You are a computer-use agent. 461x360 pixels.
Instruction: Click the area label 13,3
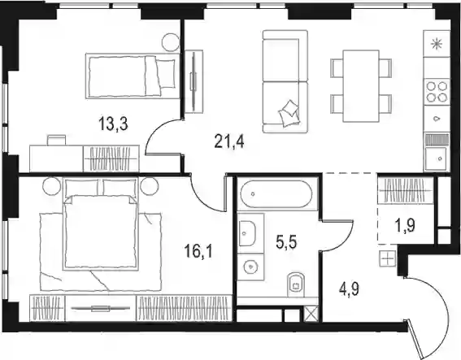(113, 124)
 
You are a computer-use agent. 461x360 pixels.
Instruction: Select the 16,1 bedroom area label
(198, 251)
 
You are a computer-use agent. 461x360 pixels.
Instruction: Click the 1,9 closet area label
(405, 226)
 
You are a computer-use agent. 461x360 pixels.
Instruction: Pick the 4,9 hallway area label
(349, 289)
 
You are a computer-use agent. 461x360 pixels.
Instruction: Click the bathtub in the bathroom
(276, 194)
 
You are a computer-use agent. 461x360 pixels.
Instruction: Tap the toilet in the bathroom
(296, 284)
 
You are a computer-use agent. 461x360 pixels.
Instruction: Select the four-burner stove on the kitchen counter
(437, 92)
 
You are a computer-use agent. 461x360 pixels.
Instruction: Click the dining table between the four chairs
(361, 86)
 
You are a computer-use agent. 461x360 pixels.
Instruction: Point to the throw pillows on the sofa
(289, 113)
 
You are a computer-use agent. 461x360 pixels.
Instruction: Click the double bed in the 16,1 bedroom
(101, 234)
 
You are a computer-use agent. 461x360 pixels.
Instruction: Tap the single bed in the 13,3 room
(133, 76)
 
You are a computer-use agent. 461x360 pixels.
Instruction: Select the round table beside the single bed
(171, 42)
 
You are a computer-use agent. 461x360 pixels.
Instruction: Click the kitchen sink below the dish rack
(437, 158)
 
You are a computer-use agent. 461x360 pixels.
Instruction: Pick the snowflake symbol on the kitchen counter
(437, 45)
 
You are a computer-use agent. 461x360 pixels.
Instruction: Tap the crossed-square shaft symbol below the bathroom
(311, 314)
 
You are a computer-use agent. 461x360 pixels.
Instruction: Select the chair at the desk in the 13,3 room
(56, 140)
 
